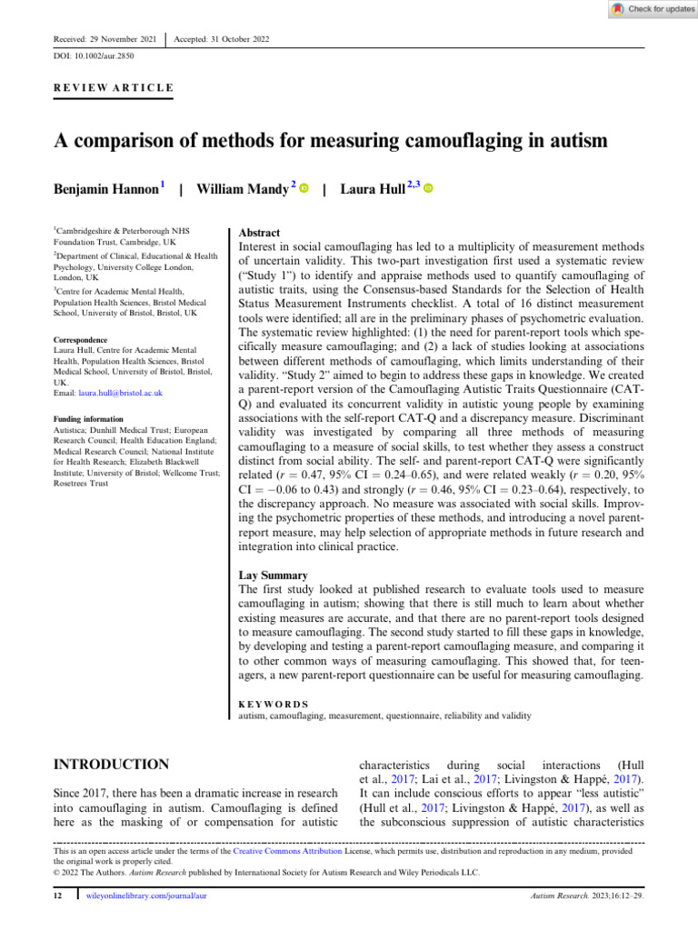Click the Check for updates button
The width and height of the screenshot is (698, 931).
(x=651, y=8)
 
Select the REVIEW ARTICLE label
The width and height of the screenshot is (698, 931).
(x=108, y=88)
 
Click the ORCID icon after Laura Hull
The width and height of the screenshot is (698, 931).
(x=428, y=189)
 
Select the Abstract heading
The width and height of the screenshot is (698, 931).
(x=259, y=234)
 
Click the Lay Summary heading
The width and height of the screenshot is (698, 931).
(x=273, y=576)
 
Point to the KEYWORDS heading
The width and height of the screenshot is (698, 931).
(x=273, y=704)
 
